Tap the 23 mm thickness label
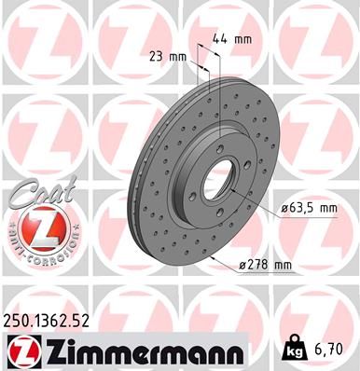click(168, 55)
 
